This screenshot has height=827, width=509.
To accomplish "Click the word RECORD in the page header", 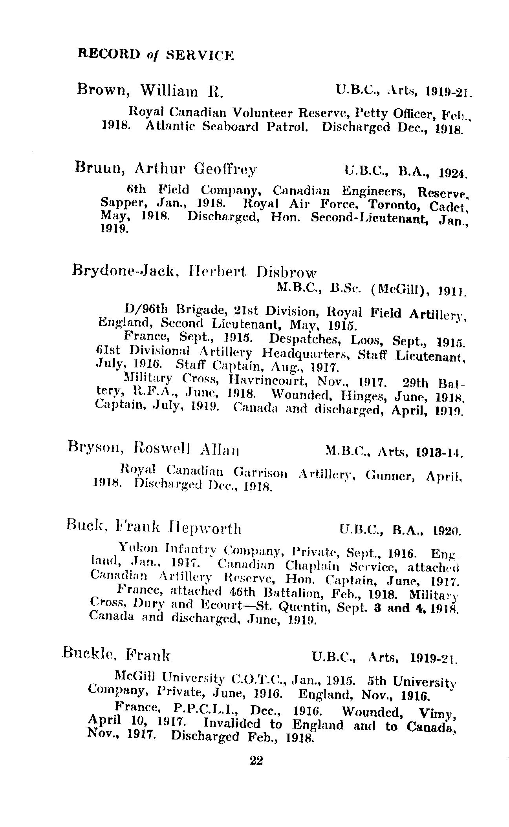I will pos(110,53).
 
